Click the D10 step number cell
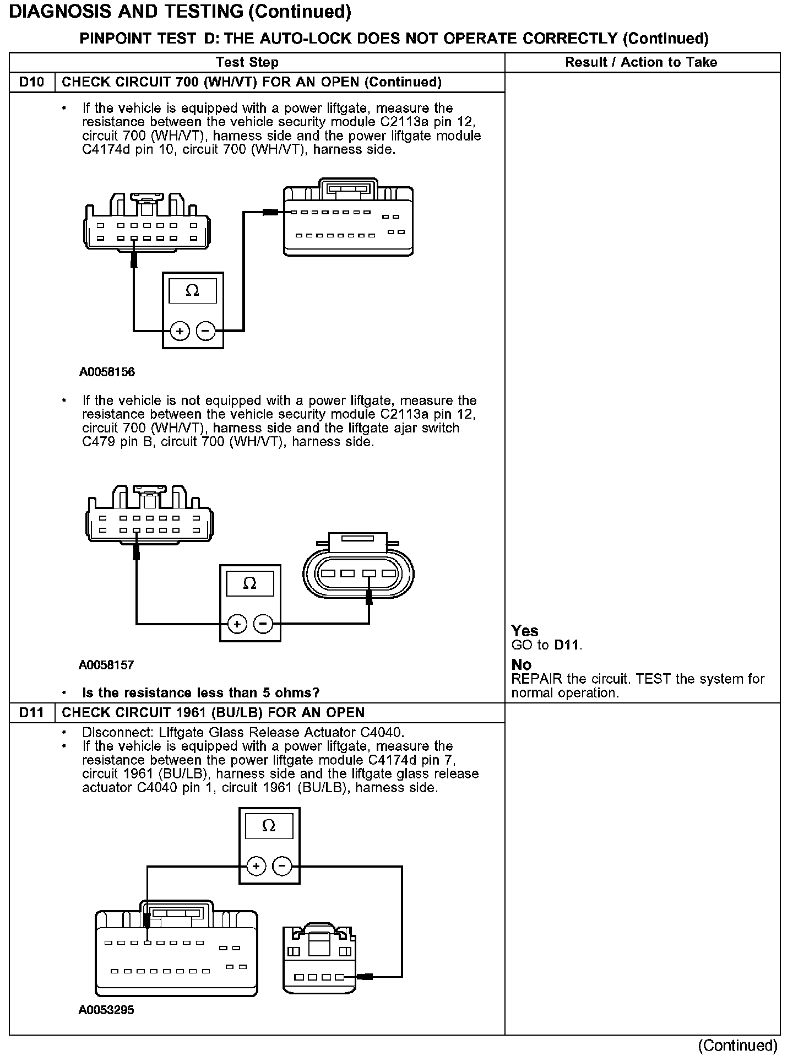[x=31, y=82]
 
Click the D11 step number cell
[x=31, y=712]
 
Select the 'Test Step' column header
[x=247, y=62]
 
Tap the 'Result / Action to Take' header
[x=641, y=62]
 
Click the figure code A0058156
[x=107, y=372]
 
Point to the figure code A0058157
[x=106, y=665]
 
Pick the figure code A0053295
[x=106, y=1010]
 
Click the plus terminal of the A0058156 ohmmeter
[x=180, y=331]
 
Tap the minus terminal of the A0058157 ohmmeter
[x=263, y=624]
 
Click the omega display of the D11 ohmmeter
[x=269, y=826]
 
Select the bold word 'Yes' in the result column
[x=524, y=631]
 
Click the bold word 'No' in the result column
[x=521, y=665]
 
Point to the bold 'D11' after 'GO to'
[x=567, y=645]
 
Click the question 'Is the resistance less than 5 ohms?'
[x=200, y=692]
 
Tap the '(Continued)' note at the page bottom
[x=737, y=1045]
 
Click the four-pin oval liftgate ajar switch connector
[x=358, y=571]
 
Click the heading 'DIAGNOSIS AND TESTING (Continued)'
[x=180, y=12]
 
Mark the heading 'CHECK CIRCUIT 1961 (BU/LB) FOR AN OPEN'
[x=213, y=712]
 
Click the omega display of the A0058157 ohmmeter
[x=249, y=583]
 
